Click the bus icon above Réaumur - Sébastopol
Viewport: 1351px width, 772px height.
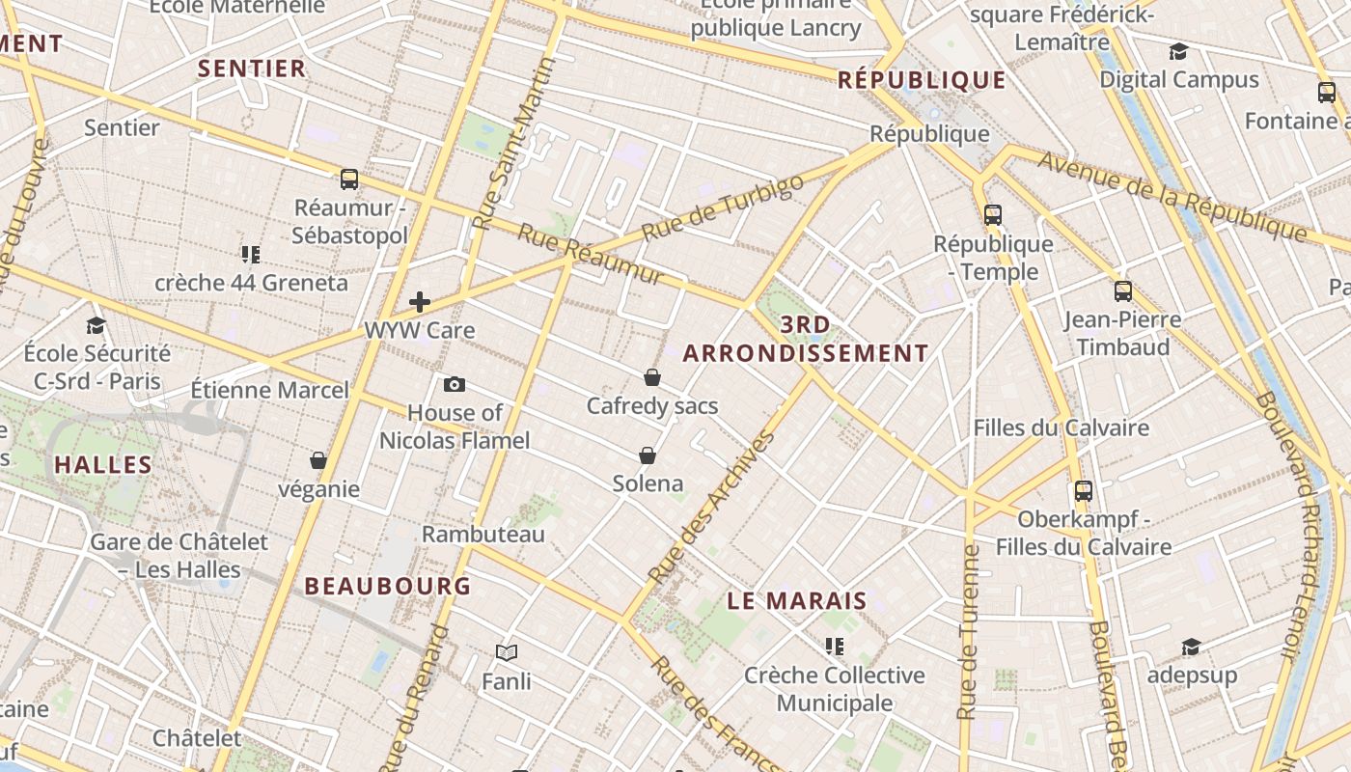[349, 179]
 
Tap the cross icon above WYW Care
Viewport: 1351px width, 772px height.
[420, 302]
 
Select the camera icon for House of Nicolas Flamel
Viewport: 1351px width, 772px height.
[455, 385]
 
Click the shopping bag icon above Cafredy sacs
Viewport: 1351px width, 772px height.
[652, 377]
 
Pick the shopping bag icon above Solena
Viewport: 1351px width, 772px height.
[648, 455]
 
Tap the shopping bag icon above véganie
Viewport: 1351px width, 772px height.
[318, 461]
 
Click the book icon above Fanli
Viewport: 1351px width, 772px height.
[507, 653]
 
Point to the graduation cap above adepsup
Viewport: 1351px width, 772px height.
[1192, 647]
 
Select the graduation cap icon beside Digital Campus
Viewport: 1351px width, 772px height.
[1178, 51]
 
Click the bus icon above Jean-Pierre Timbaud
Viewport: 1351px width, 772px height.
[1123, 290]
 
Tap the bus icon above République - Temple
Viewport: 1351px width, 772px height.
[993, 215]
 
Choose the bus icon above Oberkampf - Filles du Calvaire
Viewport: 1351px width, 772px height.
[1084, 491]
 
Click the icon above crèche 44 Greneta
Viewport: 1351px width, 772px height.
[251, 255]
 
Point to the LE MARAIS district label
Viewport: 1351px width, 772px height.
[797, 601]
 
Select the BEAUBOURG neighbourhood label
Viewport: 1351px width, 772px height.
[388, 586]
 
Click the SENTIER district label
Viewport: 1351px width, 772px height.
[252, 69]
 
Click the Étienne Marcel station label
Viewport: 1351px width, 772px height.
[269, 390]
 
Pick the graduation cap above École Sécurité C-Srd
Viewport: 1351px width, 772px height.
[96, 325]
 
